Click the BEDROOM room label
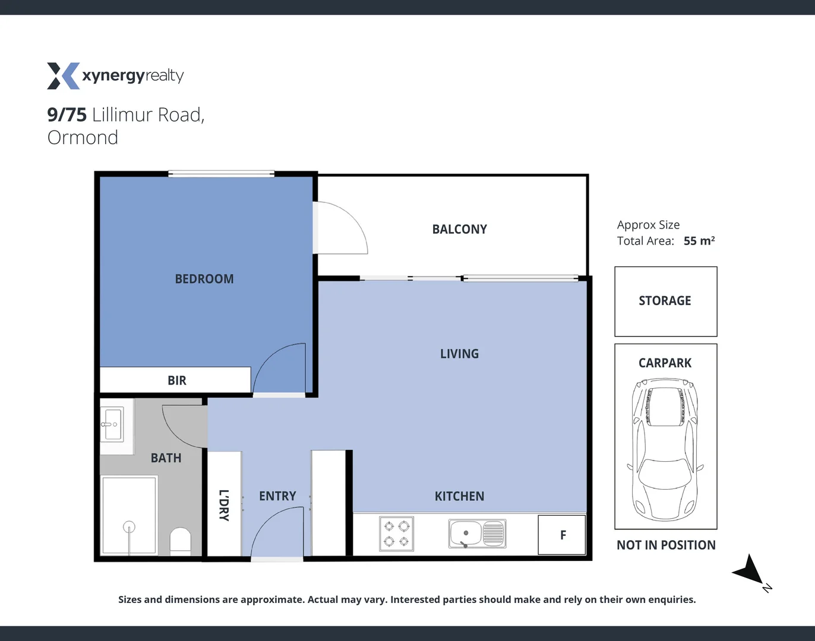click(204, 279)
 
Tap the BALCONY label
click(459, 229)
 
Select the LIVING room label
click(459, 354)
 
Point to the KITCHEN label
click(459, 496)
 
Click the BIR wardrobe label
click(176, 380)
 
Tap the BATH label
click(166, 458)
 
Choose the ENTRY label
click(277, 496)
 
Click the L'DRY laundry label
click(223, 505)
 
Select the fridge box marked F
click(562, 535)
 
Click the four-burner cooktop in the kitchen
click(396, 534)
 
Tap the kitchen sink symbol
click(477, 534)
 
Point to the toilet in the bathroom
click(181, 541)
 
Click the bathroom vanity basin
click(112, 424)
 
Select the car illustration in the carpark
click(665, 449)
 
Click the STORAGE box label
click(665, 301)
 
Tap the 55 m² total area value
click(699, 241)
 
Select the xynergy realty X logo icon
click(63, 76)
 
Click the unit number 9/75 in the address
click(67, 115)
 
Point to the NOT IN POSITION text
click(666, 545)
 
